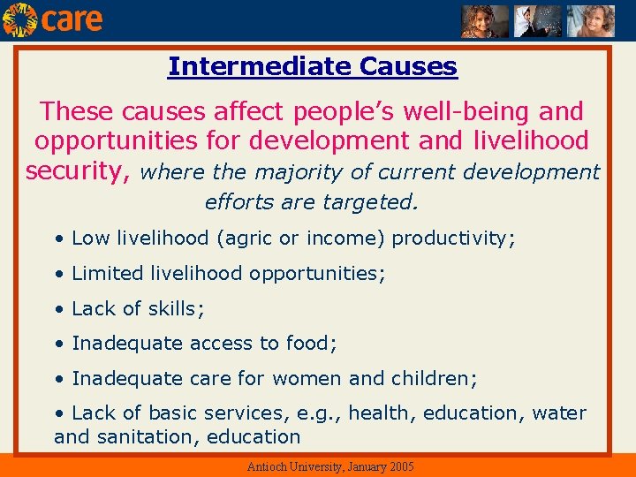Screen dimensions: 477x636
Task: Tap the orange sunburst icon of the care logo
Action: click(19, 19)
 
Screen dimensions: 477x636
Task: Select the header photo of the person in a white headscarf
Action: click(538, 21)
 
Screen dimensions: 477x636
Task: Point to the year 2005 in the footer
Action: click(402, 466)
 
